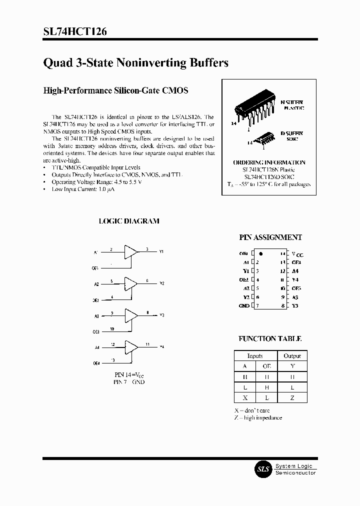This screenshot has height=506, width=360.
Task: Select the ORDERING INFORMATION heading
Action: click(x=269, y=162)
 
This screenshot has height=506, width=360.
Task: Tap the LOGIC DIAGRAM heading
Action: click(x=129, y=221)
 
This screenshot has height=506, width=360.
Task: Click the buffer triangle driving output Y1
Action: click(x=131, y=251)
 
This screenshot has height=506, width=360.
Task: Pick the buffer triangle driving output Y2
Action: click(x=131, y=283)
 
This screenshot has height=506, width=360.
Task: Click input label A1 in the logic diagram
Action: click(x=95, y=252)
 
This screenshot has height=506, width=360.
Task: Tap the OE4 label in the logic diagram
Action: click(x=95, y=363)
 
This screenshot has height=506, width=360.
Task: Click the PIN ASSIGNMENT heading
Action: click(x=270, y=238)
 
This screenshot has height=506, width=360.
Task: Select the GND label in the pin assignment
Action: click(x=244, y=305)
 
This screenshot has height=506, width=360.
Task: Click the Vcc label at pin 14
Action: click(x=296, y=254)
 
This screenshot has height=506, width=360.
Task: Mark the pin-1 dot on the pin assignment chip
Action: click(x=261, y=254)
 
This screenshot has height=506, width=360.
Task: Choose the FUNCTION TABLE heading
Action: click(x=270, y=339)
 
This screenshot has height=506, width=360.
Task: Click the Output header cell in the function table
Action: click(x=292, y=356)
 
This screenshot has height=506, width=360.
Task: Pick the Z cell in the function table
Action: click(x=292, y=397)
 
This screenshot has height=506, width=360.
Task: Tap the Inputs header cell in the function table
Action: click(x=255, y=356)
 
